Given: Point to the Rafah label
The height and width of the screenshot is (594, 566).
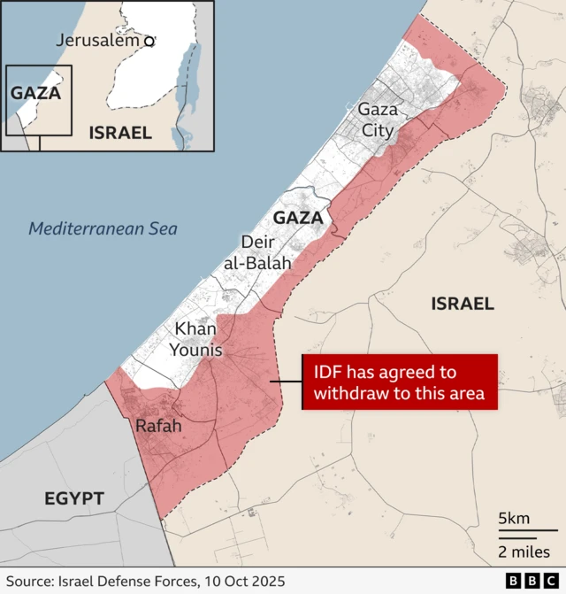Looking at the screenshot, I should pos(158,426).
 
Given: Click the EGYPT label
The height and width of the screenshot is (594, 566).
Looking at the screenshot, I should pos(74,499).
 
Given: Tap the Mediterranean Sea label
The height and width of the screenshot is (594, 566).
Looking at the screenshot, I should pos(103,228).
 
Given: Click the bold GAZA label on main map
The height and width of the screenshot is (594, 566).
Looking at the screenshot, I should pos(298,217).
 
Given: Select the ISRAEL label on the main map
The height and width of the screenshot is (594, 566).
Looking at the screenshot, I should pos(462,304).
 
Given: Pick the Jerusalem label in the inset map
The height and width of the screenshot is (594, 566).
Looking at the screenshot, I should pos(98,40).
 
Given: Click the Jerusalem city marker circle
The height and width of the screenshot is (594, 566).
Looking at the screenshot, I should pos(149,41).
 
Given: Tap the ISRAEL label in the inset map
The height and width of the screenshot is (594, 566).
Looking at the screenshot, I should pos(120,133).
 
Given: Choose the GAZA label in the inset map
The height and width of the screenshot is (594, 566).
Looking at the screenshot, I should pos(35,92).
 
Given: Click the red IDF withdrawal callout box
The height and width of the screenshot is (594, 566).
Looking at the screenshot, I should pos(400,382).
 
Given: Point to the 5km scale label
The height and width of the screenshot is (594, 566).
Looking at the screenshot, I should pos(514,518).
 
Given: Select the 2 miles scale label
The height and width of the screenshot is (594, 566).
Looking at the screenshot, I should pos(523,552).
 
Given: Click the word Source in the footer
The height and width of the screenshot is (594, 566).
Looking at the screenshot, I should pos(29,581).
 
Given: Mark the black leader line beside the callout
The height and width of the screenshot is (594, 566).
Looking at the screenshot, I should pos(286,382).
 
